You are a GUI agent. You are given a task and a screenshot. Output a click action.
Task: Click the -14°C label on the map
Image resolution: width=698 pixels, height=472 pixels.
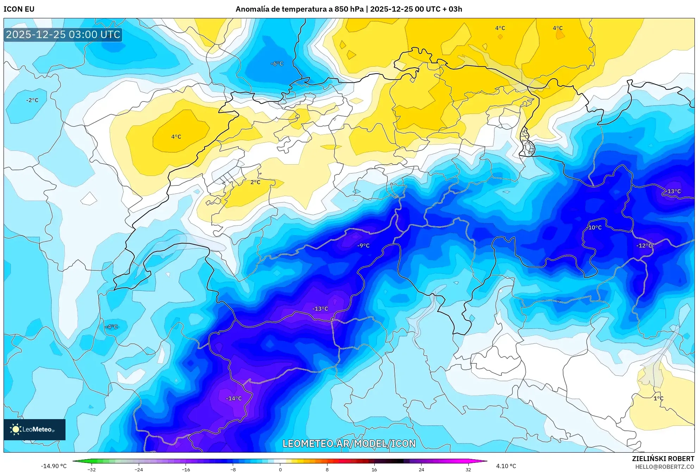pos(234,398)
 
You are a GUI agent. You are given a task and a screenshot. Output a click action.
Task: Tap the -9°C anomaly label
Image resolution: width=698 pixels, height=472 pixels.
pos(363,245)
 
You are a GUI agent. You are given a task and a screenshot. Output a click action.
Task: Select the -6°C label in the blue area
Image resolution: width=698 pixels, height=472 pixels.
pos(277,63)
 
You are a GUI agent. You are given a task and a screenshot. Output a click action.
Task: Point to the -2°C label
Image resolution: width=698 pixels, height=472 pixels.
pos(32,100)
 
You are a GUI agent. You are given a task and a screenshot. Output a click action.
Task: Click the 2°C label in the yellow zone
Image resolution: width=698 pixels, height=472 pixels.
pos(255,182)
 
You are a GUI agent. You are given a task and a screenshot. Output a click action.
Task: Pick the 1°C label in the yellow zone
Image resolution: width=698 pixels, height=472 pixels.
pos(658,398)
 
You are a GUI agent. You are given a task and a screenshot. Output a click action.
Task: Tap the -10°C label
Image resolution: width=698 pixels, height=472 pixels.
pos(595,227)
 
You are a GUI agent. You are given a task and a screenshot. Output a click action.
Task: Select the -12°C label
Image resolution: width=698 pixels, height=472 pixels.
pos(644,245)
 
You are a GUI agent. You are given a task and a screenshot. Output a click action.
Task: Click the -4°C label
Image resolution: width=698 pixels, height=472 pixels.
pos(112,326)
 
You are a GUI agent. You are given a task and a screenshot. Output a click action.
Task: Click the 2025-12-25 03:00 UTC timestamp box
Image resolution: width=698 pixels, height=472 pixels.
pos(63,35)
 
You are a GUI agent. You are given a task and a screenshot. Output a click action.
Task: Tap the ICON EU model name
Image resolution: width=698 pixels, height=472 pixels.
pos(19,9)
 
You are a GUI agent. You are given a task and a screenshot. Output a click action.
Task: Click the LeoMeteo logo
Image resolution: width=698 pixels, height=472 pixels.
pos(35,429)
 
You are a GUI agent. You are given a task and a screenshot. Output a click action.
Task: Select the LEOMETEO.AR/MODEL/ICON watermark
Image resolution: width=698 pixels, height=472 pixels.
pos(349,443)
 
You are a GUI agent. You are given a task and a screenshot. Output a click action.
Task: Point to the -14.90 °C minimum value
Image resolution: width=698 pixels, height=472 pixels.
pos(54,466)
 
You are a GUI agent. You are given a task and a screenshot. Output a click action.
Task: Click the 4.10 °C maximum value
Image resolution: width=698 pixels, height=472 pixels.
pos(506,466)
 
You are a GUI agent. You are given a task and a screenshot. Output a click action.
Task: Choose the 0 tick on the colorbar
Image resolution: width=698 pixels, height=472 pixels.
pos(280,470)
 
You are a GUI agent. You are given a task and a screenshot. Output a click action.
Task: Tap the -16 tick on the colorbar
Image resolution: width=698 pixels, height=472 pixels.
pos(186,470)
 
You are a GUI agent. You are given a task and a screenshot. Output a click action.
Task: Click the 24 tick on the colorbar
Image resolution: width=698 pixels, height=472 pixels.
pos(421,470)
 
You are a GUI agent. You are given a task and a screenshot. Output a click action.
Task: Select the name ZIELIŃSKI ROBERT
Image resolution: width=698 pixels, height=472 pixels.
pos(663,459)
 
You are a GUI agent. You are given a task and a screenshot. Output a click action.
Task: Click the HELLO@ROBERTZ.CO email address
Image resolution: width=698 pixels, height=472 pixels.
pos(665,467)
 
